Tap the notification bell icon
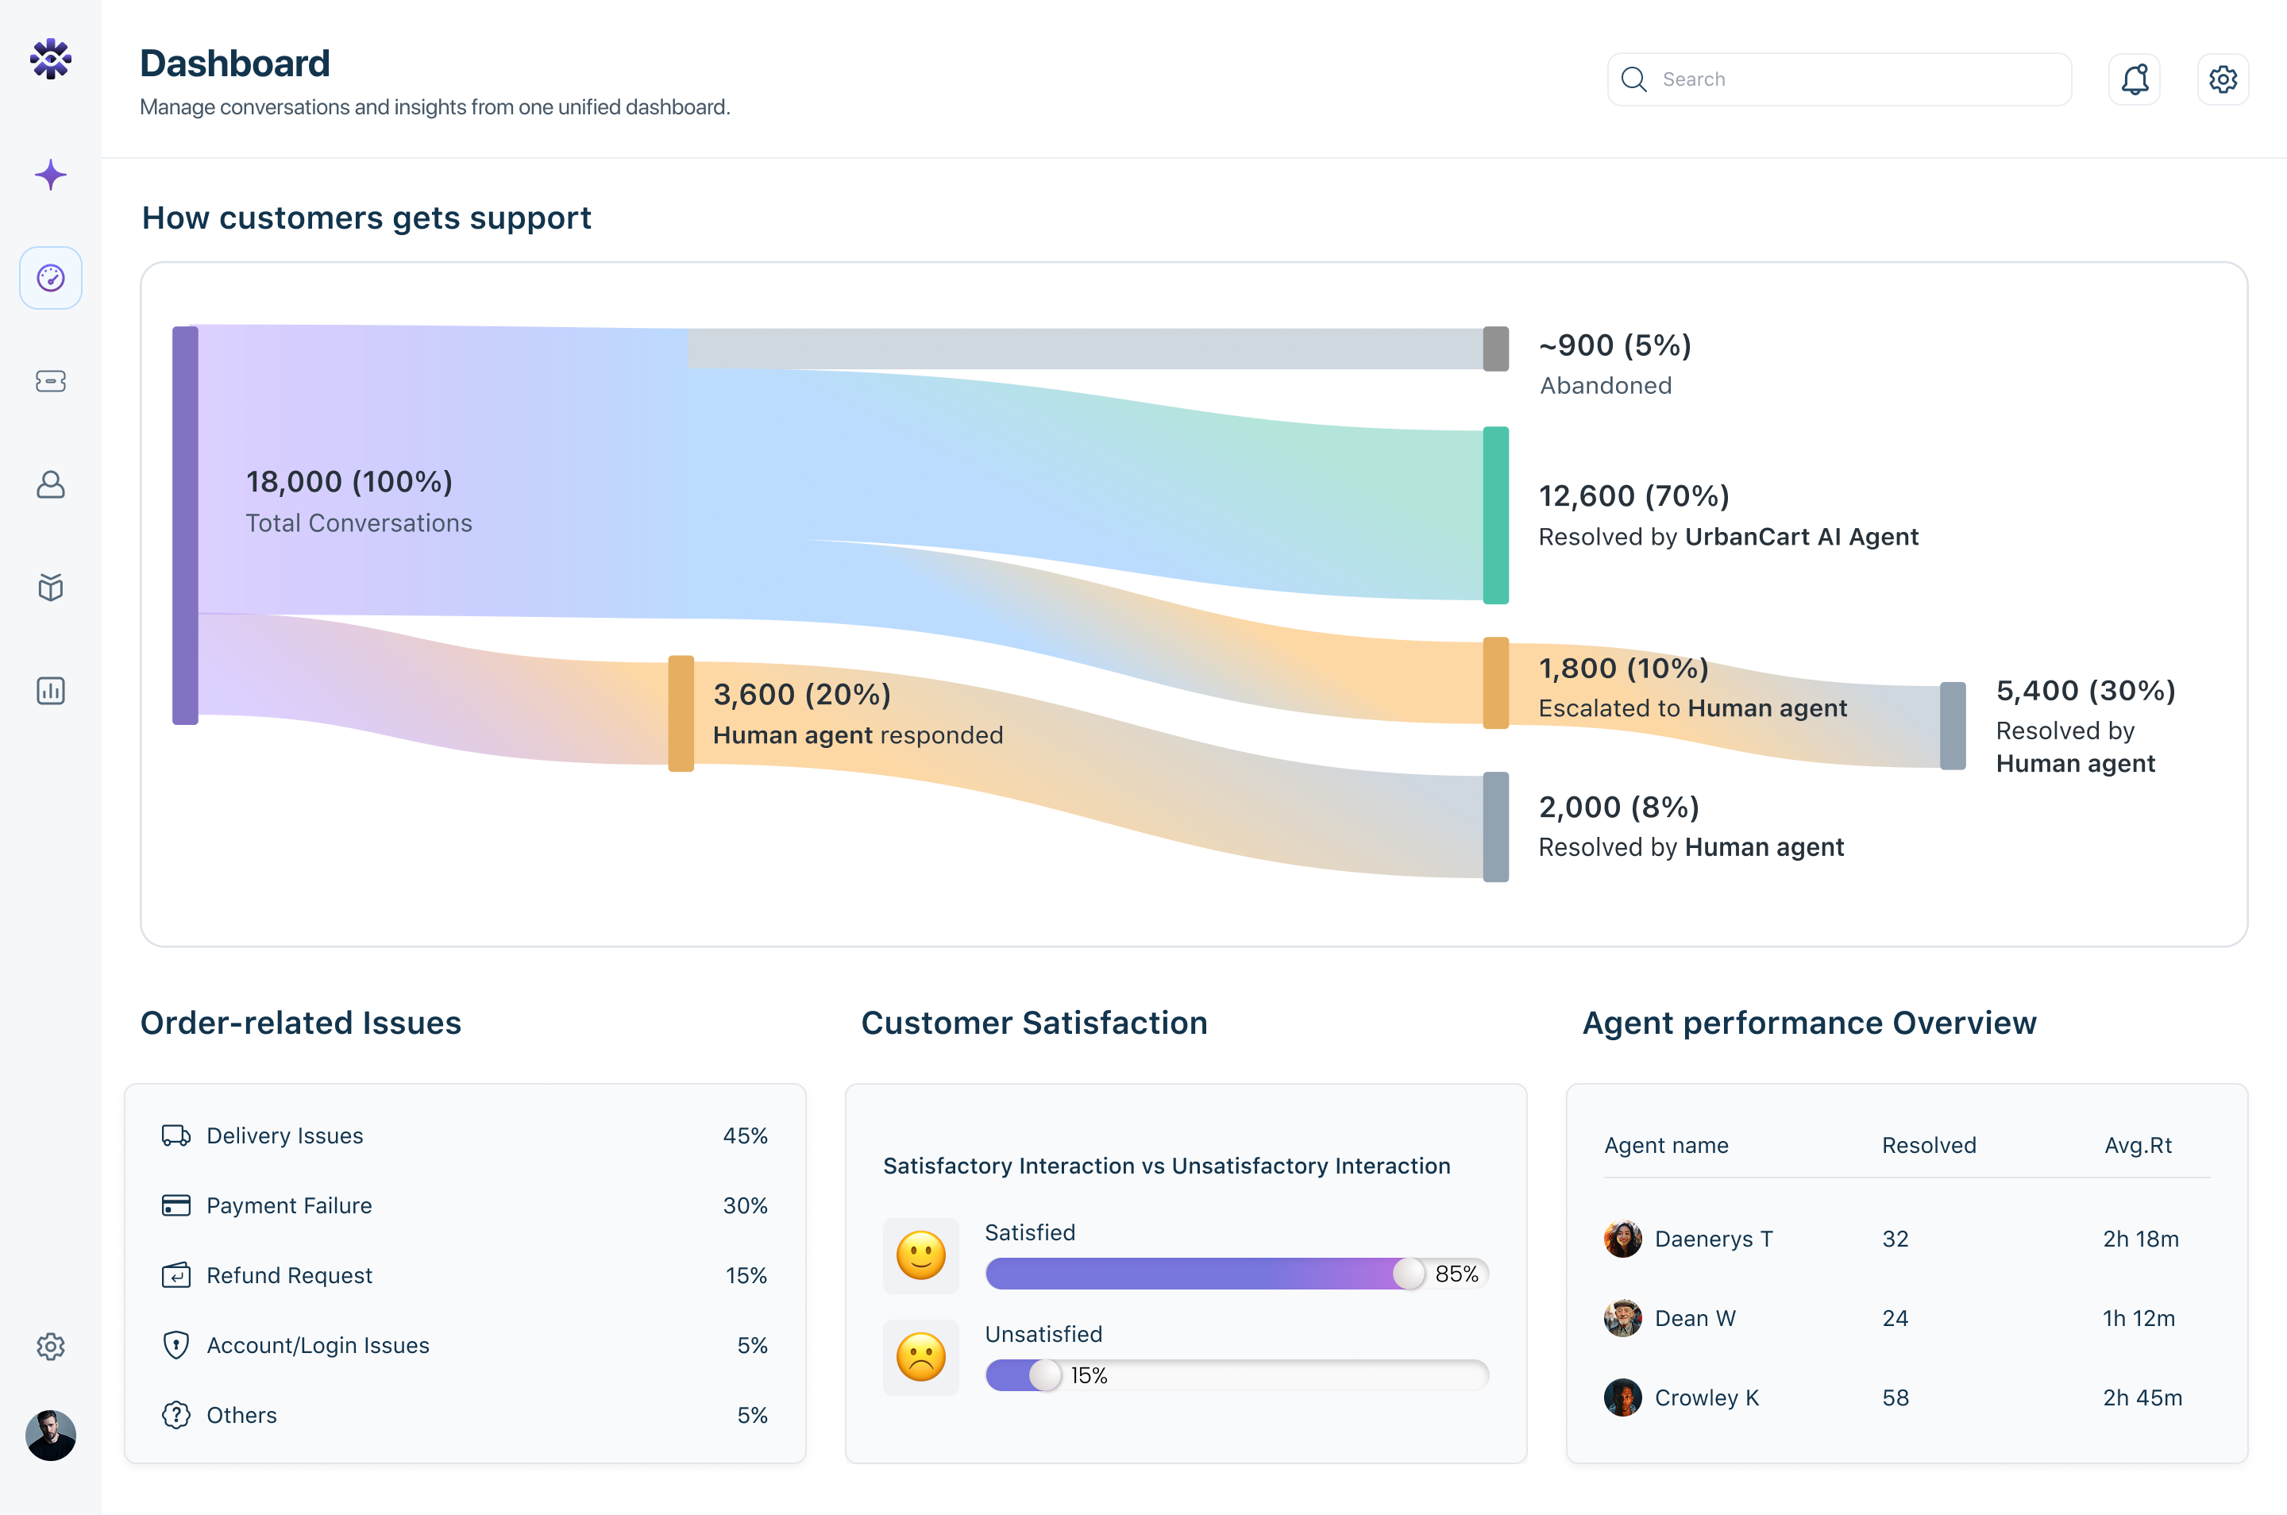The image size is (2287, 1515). [2134, 79]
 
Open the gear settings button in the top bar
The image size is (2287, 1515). [2222, 79]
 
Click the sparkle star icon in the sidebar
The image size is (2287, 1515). [50, 175]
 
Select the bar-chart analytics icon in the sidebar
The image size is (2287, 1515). [50, 691]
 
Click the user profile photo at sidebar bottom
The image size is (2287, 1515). [50, 1435]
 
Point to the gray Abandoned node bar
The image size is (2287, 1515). [1494, 349]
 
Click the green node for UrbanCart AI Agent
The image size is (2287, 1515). [1494, 515]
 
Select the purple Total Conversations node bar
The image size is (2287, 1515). [184, 525]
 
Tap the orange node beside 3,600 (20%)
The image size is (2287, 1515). [681, 713]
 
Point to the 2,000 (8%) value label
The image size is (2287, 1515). [1618, 807]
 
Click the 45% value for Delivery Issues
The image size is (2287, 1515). [745, 1136]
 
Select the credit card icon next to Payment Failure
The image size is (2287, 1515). [175, 1206]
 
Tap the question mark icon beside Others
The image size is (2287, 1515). [175, 1416]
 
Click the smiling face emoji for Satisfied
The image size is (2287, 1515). [920, 1255]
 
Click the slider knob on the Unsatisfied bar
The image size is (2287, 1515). [1044, 1375]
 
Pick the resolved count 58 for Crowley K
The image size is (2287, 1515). [1895, 1398]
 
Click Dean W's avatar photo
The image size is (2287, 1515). [1622, 1318]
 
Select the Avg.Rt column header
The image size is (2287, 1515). [2137, 1146]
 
